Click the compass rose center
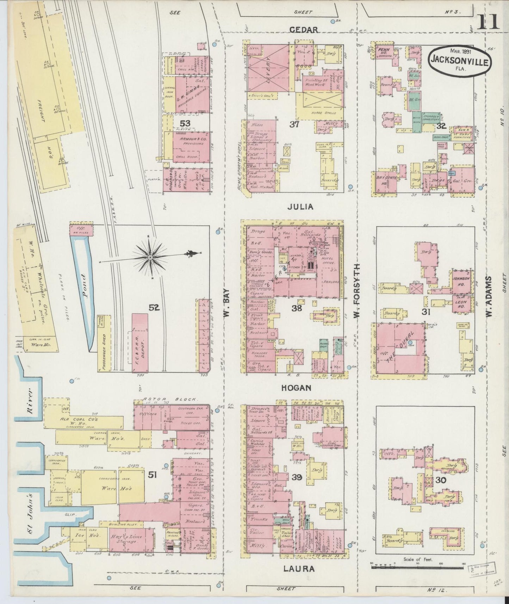150,258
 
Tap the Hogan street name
296,388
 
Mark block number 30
440,480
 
